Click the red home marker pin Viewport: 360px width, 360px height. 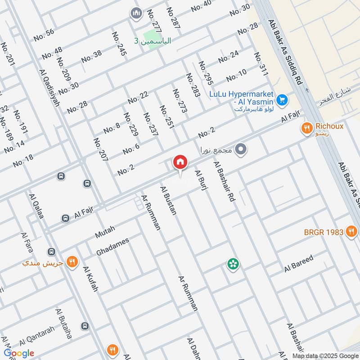pyautogui.click(x=180, y=162)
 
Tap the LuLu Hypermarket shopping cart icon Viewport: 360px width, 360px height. pyautogui.click(x=282, y=99)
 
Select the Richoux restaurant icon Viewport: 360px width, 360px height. pyautogui.click(x=307, y=127)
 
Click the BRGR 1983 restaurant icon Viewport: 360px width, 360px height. pyautogui.click(x=351, y=232)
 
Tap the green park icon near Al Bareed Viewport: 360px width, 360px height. pyautogui.click(x=233, y=264)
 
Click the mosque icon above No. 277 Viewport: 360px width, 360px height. pyautogui.click(x=136, y=14)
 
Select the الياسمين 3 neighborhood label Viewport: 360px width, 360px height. pyautogui.click(x=153, y=41)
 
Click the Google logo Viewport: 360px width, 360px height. pyautogui.click(x=19, y=353)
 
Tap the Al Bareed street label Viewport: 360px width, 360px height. pyautogui.click(x=298, y=264)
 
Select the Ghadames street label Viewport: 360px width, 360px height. pyautogui.click(x=112, y=247)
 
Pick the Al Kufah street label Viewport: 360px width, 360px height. pyautogui.click(x=90, y=279)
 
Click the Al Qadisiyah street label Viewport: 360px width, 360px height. pyautogui.click(x=49, y=88)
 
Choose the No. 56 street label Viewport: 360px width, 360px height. pyautogui.click(x=44, y=32)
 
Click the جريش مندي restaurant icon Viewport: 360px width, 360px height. pyautogui.click(x=71, y=261)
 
